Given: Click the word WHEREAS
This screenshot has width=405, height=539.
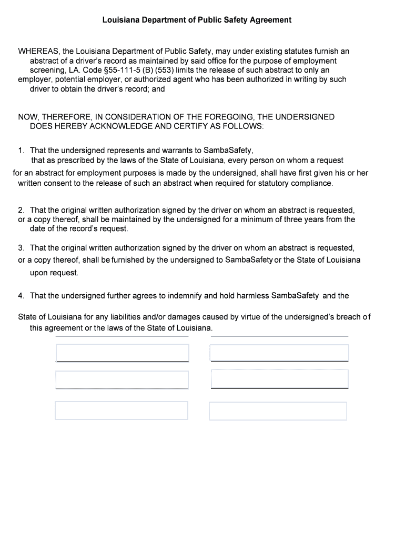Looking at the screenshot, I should point(38,52).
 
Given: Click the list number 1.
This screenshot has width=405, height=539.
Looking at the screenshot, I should point(21,151).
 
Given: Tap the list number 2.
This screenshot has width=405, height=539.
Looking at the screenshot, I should point(21,210).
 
